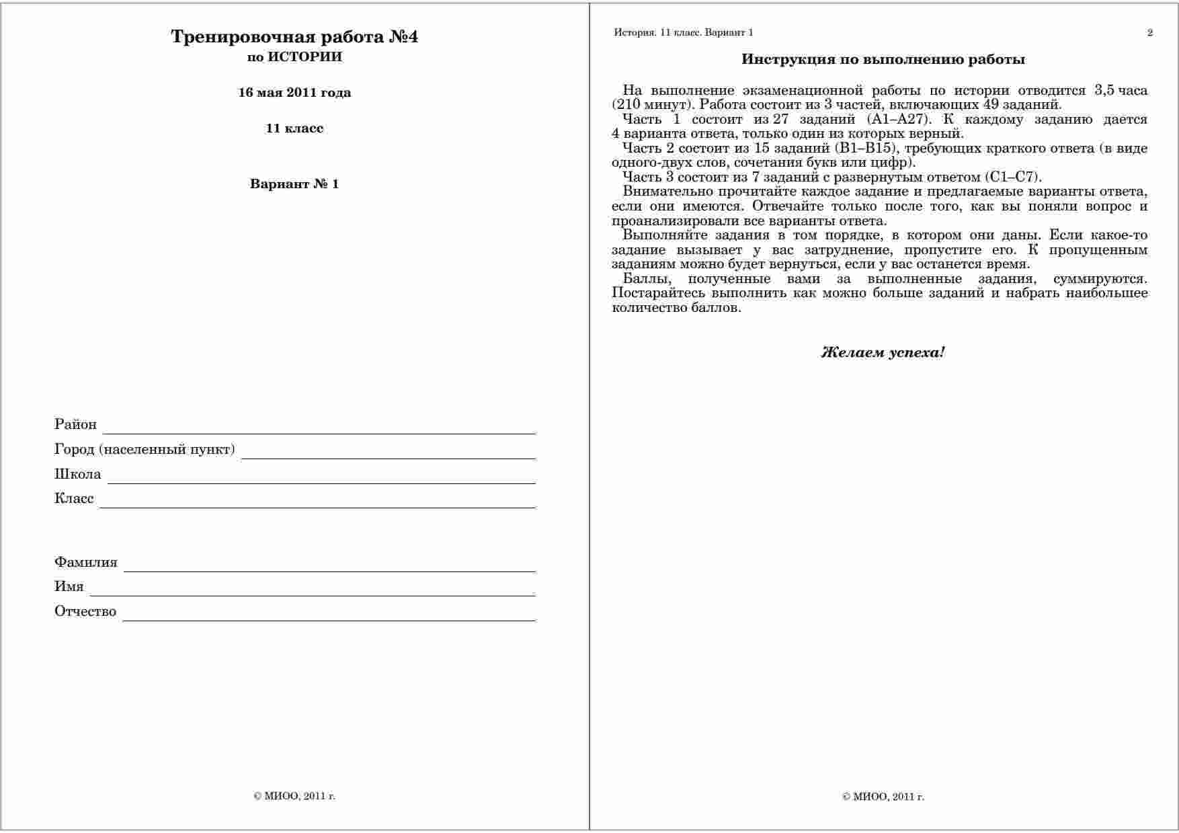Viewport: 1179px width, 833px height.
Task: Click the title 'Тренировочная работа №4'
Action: tap(294, 37)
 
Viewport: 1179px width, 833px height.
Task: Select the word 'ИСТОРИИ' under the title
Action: tap(305, 57)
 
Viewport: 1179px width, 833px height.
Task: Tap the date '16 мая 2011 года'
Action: tap(294, 93)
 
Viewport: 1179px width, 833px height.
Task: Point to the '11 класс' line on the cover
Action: tap(294, 128)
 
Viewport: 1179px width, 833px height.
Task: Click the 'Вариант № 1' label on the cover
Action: tap(294, 184)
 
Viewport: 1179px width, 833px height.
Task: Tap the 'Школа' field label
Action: tap(78, 474)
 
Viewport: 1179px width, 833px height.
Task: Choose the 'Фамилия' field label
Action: tap(86, 562)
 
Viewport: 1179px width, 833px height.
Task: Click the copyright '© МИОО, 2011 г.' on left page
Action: tap(294, 797)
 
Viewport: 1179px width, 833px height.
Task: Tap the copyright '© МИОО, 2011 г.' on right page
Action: tap(883, 797)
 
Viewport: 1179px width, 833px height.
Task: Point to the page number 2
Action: tap(1150, 33)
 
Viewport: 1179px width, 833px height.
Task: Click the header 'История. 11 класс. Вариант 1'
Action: tap(684, 33)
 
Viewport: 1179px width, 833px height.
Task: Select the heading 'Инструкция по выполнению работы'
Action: tap(883, 60)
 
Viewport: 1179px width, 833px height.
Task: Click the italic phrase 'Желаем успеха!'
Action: tap(883, 352)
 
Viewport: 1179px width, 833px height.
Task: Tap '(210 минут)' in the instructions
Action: tap(651, 105)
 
